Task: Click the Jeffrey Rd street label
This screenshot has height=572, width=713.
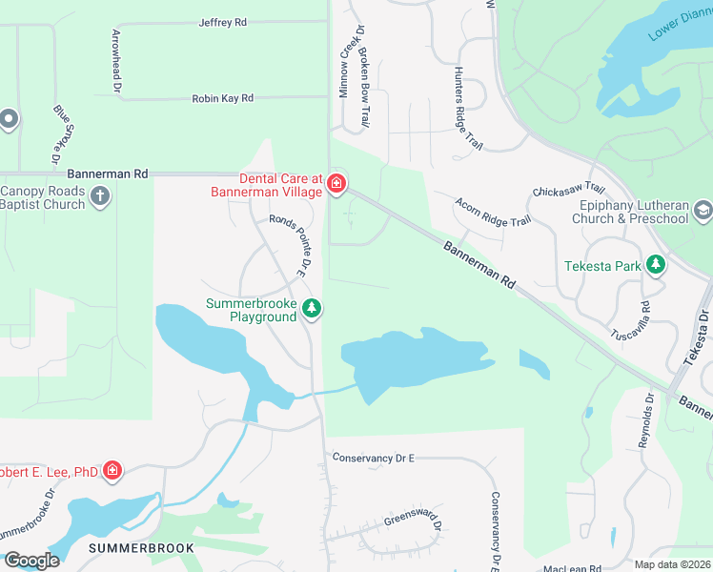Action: pos(222,22)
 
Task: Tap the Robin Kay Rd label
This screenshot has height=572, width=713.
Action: pos(222,98)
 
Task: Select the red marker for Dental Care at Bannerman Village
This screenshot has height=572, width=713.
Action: pos(336,183)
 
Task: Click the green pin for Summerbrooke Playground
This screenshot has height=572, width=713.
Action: pos(312,309)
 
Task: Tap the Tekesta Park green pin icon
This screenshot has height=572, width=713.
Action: pos(655,265)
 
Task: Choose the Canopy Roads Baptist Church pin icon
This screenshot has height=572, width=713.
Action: pos(101,196)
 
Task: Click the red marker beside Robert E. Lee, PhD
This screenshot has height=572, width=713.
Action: pos(112,470)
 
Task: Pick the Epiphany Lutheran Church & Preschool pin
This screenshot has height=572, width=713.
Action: pos(703,210)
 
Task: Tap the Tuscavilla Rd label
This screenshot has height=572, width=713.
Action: pos(645,320)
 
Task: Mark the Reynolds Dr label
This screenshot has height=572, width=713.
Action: pos(648,419)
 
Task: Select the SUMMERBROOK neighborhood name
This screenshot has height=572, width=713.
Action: pos(141,548)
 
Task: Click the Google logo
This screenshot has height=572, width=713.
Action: pos(31,560)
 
